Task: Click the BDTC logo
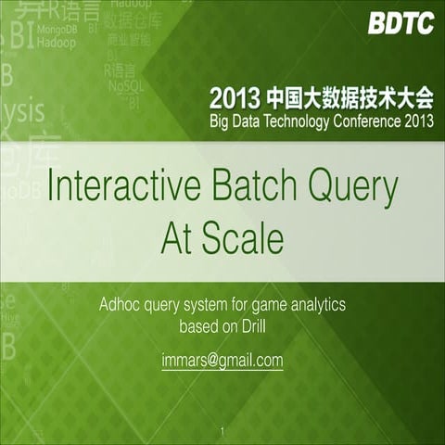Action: click(400, 24)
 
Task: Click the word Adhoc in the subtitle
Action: click(121, 303)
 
